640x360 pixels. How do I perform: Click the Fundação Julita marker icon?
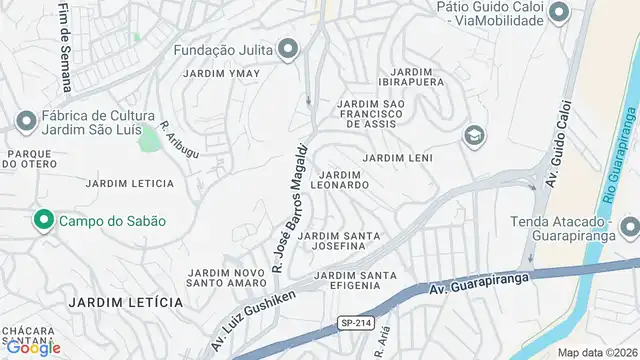click(x=289, y=48)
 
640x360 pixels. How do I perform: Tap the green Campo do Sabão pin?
click(x=44, y=220)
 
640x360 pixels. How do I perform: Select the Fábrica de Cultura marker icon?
click(x=26, y=121)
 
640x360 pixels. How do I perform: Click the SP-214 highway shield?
click(x=353, y=322)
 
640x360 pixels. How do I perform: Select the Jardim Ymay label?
click(x=222, y=74)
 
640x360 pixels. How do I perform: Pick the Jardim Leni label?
click(x=396, y=158)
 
